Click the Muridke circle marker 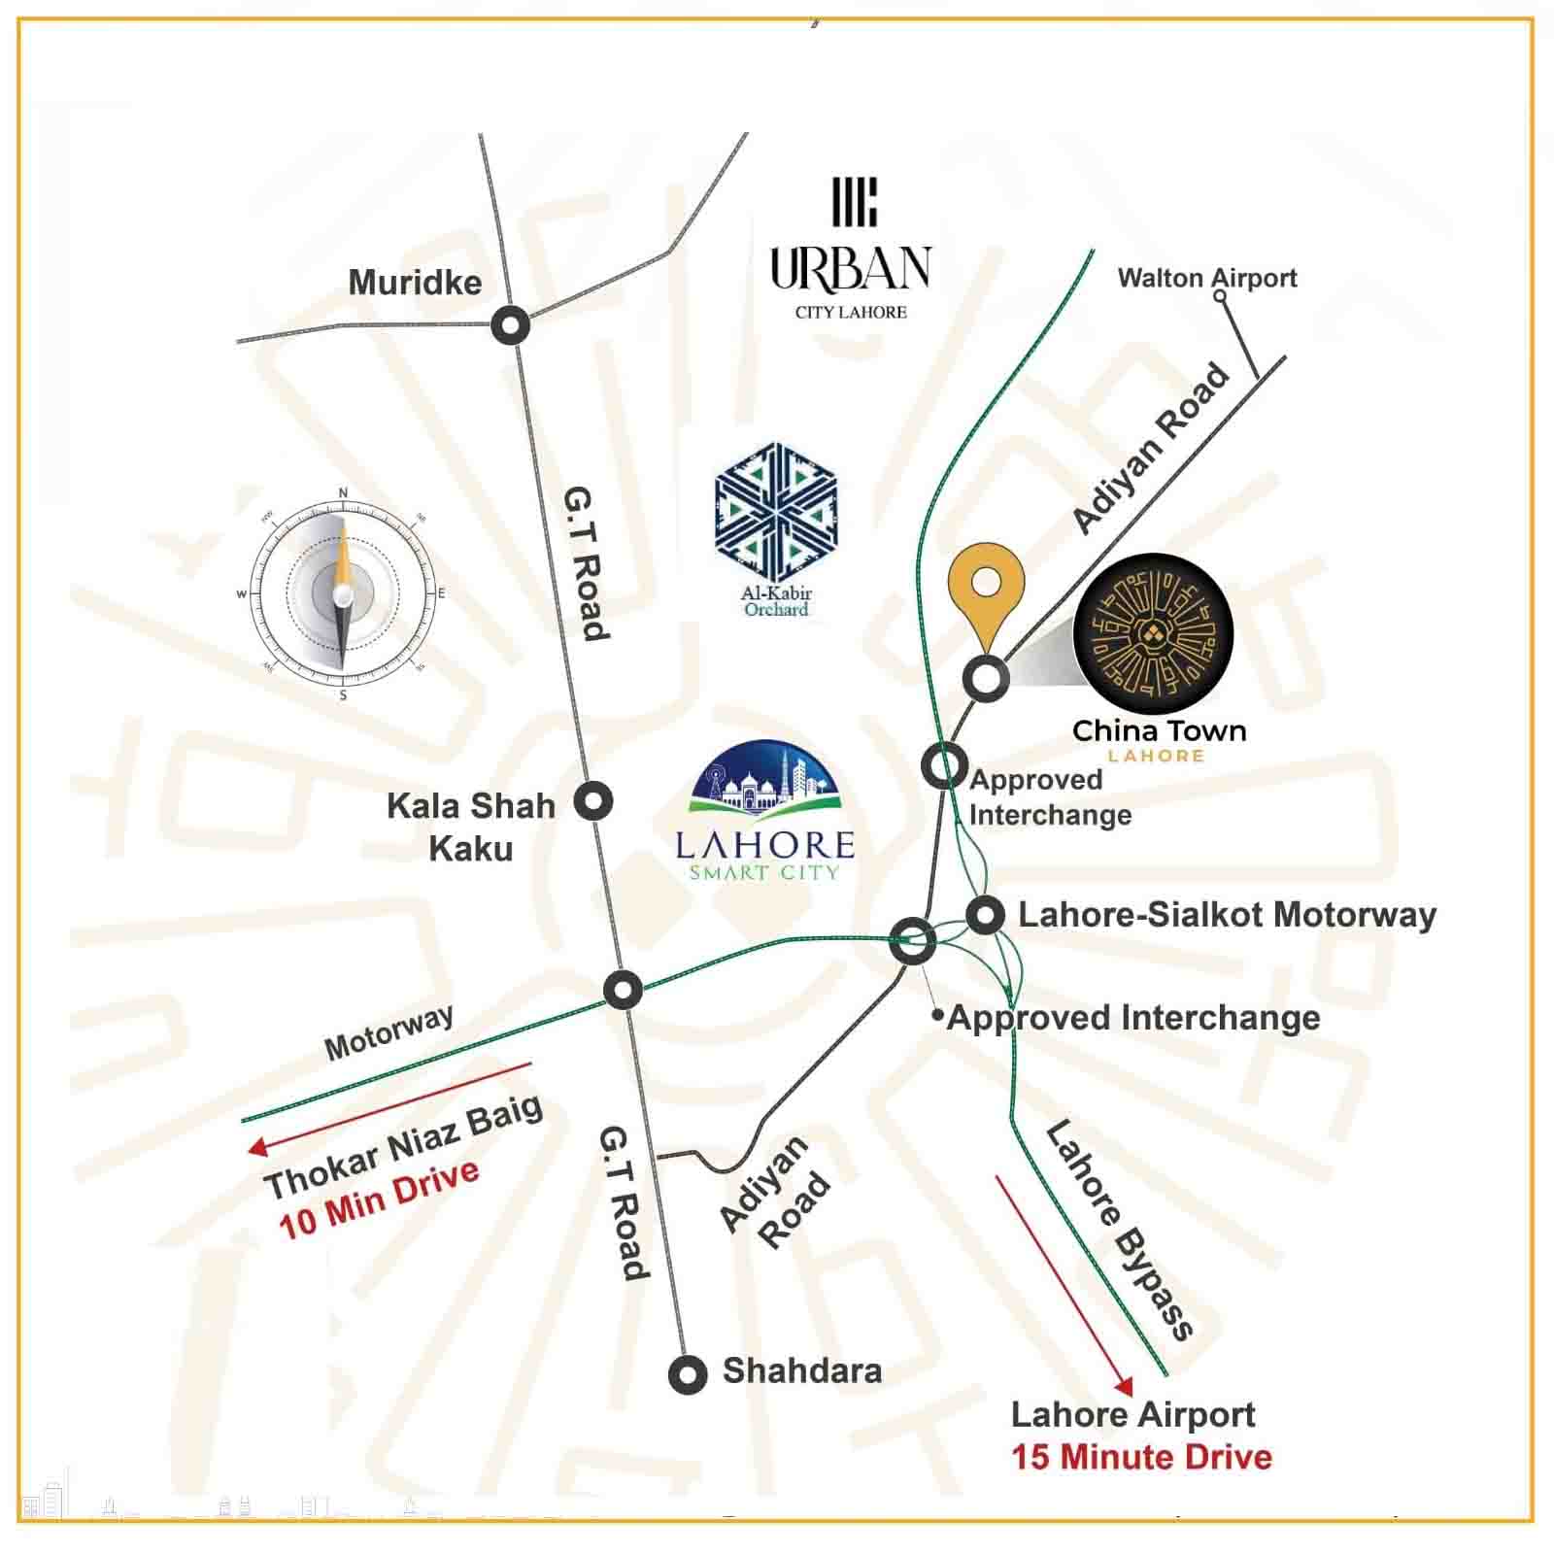510,324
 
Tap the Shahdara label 801,1370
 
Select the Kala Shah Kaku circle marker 592,801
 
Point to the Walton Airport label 1206,279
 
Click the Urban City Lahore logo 851,249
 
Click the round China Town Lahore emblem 1153,637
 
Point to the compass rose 342,593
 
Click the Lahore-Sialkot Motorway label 1227,915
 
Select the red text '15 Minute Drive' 1141,1457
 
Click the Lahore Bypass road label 1119,1230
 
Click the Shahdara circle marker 688,1374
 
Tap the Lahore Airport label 1132,1414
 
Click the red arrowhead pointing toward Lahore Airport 1124,1386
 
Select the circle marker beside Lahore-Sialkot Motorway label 986,915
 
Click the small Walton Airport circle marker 1221,296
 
